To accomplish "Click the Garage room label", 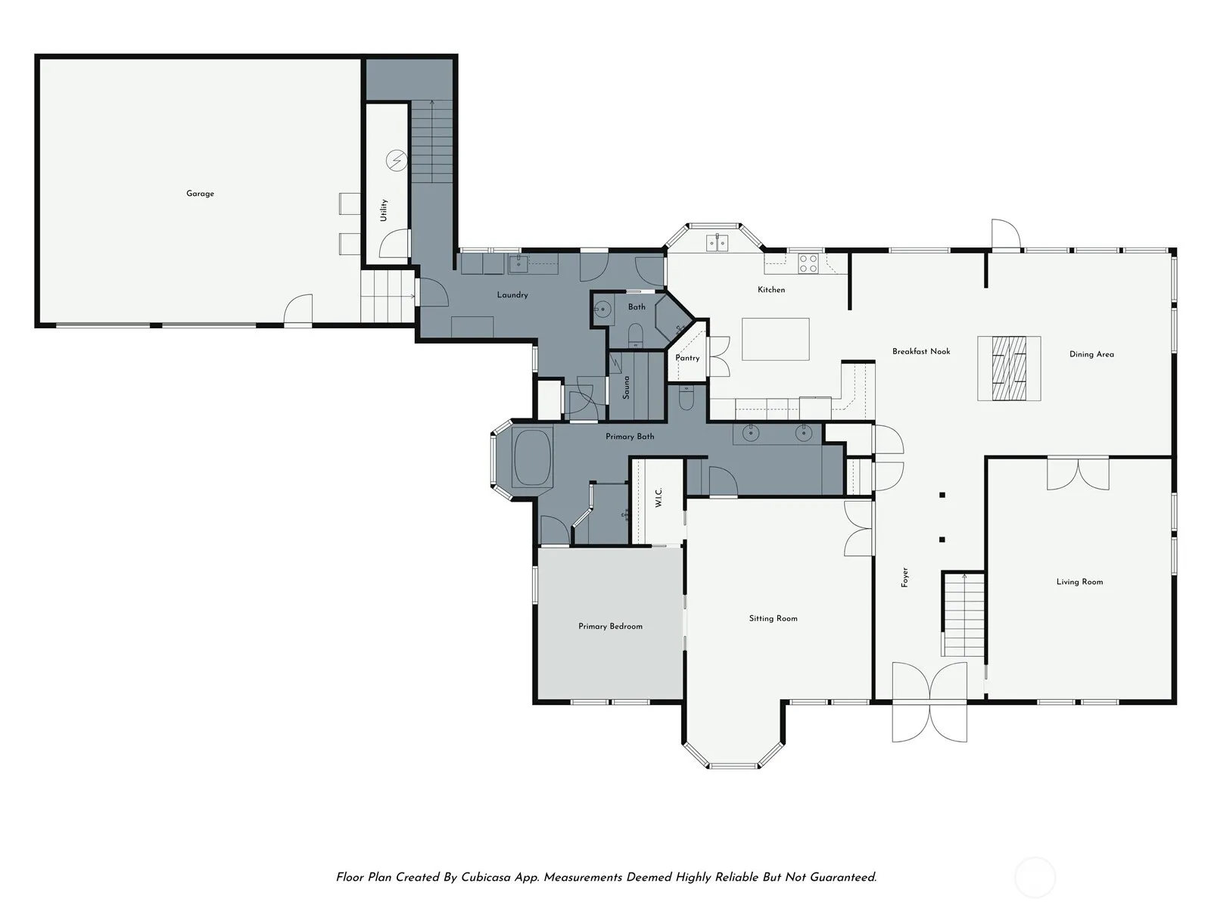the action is point(200,194).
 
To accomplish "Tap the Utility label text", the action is point(384,210).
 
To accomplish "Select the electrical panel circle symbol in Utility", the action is point(397,160).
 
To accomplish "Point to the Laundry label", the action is point(512,295).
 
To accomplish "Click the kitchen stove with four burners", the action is point(808,263).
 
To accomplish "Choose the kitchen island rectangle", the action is point(775,339).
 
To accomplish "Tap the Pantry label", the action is point(687,358).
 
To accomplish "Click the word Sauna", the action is point(626,387).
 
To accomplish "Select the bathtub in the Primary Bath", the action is point(532,457).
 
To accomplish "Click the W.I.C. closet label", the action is point(658,497).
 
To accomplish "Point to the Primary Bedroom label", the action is point(610,627).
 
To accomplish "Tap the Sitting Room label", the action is point(773,618).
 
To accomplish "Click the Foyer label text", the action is point(904,577).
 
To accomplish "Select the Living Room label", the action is point(1080,582).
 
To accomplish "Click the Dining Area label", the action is point(1091,354).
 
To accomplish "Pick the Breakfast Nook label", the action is point(921,351).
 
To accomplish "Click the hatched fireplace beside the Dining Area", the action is point(1009,368).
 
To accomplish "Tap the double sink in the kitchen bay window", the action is point(718,243).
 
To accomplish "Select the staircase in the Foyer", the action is point(964,614).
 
